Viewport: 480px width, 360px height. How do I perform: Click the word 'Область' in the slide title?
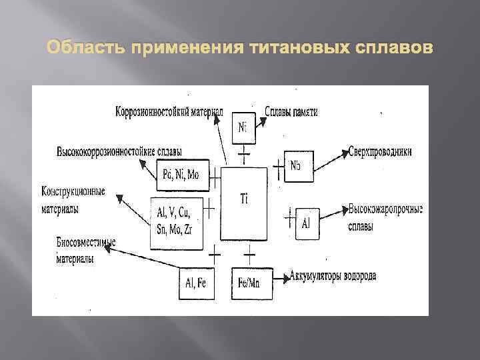pos(86,49)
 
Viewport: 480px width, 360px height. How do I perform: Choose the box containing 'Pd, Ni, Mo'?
pos(181,175)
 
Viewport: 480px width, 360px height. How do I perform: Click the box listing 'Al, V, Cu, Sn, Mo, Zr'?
pos(177,223)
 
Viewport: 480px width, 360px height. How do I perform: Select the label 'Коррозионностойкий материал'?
pos(169,111)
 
